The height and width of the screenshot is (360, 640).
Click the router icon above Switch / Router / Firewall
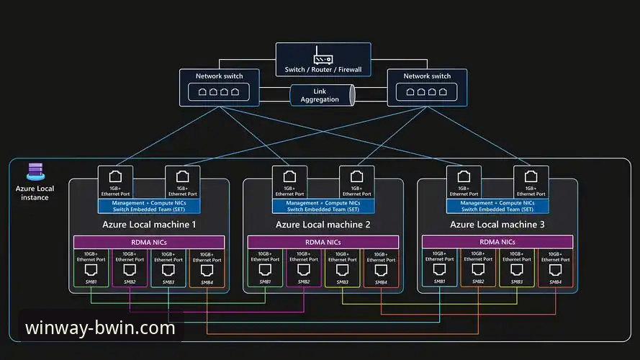pyautogui.click(x=323, y=55)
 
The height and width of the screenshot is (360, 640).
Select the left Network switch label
pyautogui.click(x=220, y=76)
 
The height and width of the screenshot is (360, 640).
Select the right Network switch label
pyautogui.click(x=427, y=76)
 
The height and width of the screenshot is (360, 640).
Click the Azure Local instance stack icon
pyautogui.click(x=35, y=171)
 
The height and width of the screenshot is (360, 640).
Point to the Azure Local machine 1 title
pyautogui.click(x=149, y=225)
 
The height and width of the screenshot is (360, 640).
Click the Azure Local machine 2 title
pyautogui.click(x=323, y=225)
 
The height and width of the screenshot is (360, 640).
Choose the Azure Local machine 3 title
pyautogui.click(x=497, y=225)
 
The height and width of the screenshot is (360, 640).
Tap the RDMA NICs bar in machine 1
pyautogui.click(x=149, y=243)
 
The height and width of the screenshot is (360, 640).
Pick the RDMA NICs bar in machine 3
pyautogui.click(x=497, y=243)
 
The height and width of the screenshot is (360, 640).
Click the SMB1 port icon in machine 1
pyautogui.click(x=92, y=270)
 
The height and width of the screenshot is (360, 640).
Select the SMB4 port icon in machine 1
pyautogui.click(x=207, y=270)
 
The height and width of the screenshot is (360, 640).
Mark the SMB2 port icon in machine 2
pyautogui.click(x=304, y=270)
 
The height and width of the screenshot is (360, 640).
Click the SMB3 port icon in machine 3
pyautogui.click(x=517, y=270)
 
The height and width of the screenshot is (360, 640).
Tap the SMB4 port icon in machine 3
pyautogui.click(x=555, y=270)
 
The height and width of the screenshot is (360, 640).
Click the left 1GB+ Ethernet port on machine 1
pyautogui.click(x=115, y=177)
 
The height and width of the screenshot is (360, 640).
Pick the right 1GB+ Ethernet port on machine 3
pyautogui.click(x=531, y=177)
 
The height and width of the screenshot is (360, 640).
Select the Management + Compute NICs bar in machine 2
pyautogui.click(x=323, y=206)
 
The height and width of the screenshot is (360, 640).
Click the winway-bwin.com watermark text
pyautogui.click(x=100, y=328)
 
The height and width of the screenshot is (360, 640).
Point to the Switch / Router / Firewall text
pyautogui.click(x=323, y=70)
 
